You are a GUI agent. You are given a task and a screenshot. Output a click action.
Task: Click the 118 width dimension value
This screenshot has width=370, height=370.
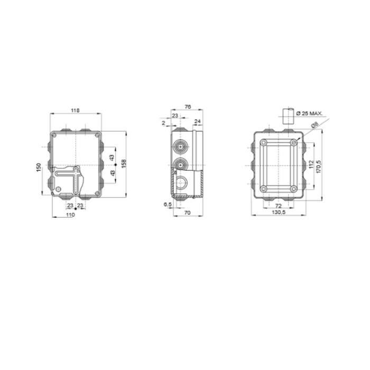[75, 110]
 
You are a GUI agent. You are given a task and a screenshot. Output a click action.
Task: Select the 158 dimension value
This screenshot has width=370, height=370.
[124, 164]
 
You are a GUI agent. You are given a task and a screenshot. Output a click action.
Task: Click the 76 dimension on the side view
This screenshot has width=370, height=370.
[187, 107]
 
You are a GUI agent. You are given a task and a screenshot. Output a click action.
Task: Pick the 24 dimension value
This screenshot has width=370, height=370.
[198, 121]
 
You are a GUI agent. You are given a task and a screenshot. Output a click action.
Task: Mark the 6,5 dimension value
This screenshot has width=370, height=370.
[167, 204]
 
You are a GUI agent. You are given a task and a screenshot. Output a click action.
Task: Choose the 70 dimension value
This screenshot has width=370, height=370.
[187, 213]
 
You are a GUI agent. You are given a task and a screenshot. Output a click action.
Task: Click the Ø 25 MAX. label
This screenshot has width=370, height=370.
[309, 113]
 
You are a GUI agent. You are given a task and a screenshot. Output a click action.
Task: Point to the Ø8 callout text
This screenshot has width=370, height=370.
[314, 125]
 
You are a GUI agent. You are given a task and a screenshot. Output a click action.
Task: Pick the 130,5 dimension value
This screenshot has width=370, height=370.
[278, 212]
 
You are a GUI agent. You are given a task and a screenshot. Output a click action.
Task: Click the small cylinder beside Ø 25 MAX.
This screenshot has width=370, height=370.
[288, 115]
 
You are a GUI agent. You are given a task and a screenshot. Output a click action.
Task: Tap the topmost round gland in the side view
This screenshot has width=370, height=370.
[181, 144]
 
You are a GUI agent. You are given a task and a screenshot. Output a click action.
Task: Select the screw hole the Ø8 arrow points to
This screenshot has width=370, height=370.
[294, 143]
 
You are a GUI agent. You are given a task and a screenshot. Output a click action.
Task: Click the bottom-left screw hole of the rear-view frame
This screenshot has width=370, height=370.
[263, 189]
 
